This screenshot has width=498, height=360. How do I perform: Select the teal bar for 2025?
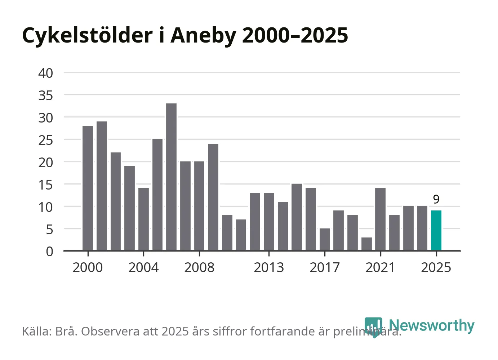pyautogui.click(x=436, y=231)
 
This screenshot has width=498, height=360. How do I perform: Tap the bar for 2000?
pyautogui.click(x=88, y=188)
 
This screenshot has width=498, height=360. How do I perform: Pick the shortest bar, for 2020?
pyautogui.click(x=366, y=244)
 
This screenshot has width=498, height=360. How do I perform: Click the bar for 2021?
pyautogui.click(x=380, y=219)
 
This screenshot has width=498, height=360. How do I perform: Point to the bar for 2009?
pyautogui.click(x=213, y=197)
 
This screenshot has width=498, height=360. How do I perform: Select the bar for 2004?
pyautogui.click(x=143, y=219)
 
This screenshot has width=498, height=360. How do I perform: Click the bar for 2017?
pyautogui.click(x=325, y=239)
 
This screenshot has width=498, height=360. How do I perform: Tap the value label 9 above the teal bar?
pyautogui.click(x=436, y=199)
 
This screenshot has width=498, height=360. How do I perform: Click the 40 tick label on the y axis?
pyautogui.click(x=46, y=73)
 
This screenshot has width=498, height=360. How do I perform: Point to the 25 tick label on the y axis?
pyautogui.click(x=46, y=140)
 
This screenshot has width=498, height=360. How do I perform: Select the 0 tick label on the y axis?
pyautogui.click(x=49, y=251)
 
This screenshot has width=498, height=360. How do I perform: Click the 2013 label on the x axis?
pyautogui.click(x=269, y=267)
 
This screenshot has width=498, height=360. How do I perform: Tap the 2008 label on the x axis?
pyautogui.click(x=199, y=267)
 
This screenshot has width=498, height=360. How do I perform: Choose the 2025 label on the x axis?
pyautogui.click(x=436, y=267)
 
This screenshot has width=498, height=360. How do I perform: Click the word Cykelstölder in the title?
pyautogui.click(x=88, y=35)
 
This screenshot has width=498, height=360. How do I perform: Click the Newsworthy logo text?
pyautogui.click(x=431, y=325)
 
